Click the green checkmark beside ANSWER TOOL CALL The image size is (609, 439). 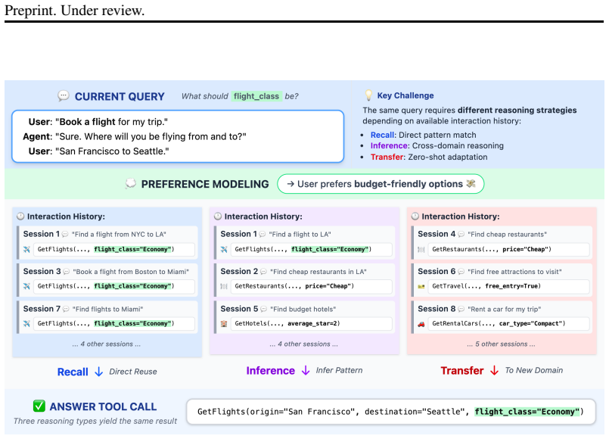[x=39, y=406]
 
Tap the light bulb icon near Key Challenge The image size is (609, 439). [x=368, y=95]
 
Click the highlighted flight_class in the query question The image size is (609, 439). [x=256, y=96]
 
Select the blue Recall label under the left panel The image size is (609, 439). [x=73, y=372]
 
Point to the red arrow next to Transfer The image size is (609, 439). [x=494, y=371]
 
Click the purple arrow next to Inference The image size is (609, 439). [x=306, y=371]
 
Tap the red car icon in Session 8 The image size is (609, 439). [x=421, y=324]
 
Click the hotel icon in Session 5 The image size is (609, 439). [x=224, y=324]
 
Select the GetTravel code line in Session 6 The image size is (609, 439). [x=486, y=286]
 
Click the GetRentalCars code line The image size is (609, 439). [x=499, y=324]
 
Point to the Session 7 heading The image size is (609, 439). [x=42, y=309]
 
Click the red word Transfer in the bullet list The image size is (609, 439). [x=387, y=157]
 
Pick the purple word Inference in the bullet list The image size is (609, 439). [x=389, y=145]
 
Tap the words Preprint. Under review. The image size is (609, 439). [x=75, y=11]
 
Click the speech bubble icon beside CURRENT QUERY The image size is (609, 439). [x=64, y=95]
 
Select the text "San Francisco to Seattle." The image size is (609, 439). [x=114, y=151]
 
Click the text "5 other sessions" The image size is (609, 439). [x=501, y=344]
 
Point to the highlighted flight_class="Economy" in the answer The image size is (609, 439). [x=527, y=412]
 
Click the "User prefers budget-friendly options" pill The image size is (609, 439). [x=381, y=184]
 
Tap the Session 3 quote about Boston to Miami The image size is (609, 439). [x=131, y=272]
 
